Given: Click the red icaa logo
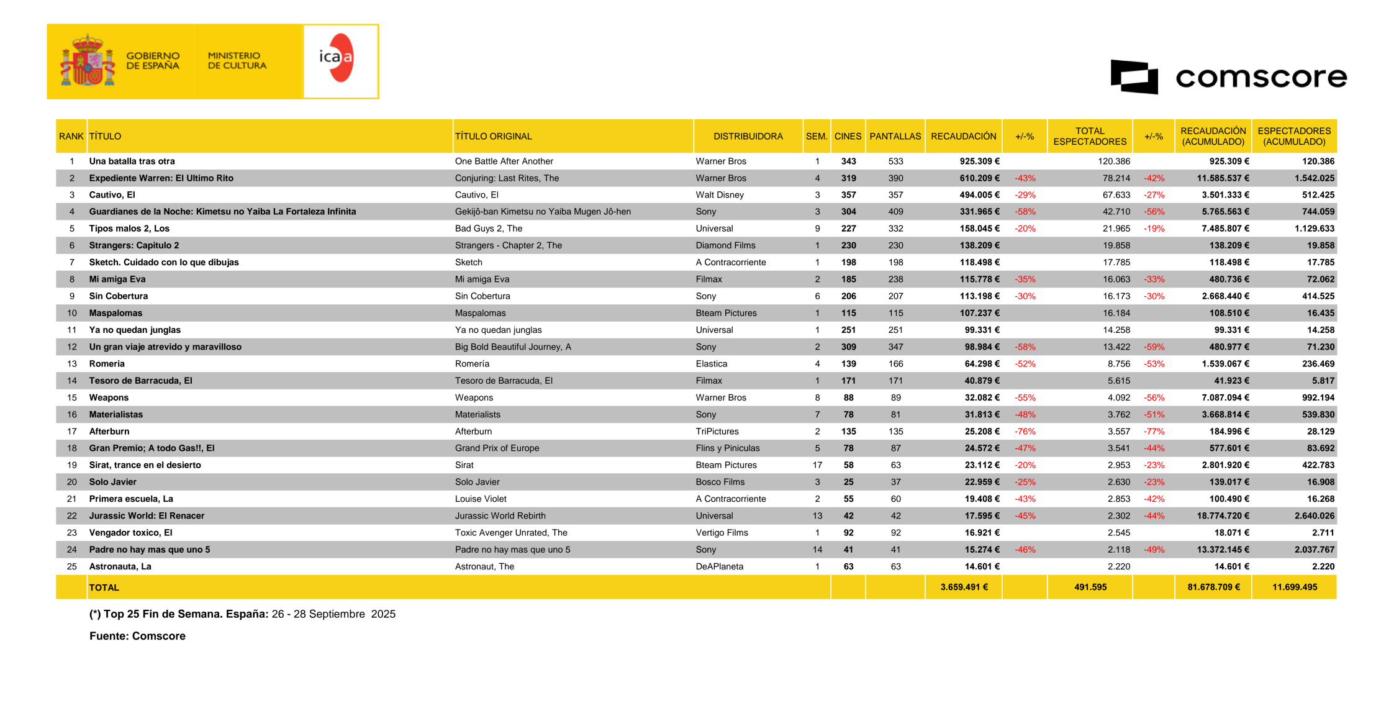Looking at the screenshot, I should click(338, 58).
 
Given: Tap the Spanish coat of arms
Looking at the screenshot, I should click(88, 61).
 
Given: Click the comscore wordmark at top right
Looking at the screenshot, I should click(1260, 78).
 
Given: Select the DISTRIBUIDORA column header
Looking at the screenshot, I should click(748, 137).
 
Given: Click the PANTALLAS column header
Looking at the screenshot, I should click(895, 137).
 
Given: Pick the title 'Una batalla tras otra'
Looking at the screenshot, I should click(132, 161).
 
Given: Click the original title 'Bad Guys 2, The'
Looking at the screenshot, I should click(488, 229).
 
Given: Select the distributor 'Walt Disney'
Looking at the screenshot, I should click(719, 195).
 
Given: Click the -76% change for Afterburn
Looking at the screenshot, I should click(1025, 432).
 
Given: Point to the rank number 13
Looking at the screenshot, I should click(72, 364).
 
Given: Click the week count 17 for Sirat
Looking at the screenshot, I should click(817, 465).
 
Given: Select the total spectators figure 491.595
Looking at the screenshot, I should click(1090, 587).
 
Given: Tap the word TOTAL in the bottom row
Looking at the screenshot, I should click(104, 587).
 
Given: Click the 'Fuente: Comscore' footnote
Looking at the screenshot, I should click(137, 636).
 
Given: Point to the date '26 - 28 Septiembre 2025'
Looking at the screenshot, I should click(333, 614).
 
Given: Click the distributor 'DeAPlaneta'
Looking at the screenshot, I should click(719, 567).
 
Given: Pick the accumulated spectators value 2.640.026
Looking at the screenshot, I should click(1314, 516).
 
